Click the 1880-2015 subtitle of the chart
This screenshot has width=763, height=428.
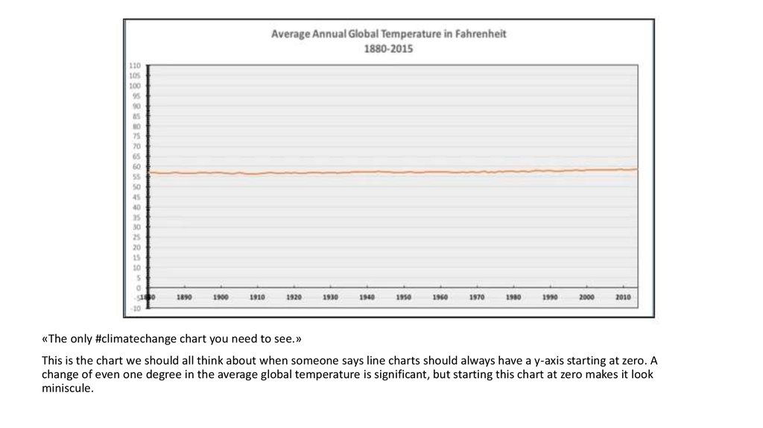tap(388, 48)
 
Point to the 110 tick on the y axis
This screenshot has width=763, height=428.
tap(136, 66)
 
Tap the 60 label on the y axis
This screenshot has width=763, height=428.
tap(136, 166)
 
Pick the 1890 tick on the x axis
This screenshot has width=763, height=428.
tap(184, 297)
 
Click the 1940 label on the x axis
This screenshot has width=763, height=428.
tap(367, 297)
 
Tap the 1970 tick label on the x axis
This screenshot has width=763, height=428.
tap(477, 297)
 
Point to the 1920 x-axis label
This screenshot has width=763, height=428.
tap(294, 297)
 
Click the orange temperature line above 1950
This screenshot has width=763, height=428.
tap(403, 172)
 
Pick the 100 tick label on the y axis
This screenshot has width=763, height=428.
tap(136, 86)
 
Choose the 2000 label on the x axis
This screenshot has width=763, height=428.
tap(586, 297)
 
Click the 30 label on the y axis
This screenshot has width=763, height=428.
tap(136, 227)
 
